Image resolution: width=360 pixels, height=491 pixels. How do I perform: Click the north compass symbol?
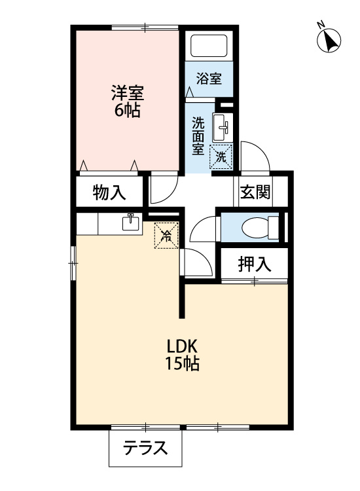(329, 39)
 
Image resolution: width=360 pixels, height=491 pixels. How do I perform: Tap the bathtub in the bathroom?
(209, 46)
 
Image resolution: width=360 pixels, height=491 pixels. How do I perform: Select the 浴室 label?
(209, 79)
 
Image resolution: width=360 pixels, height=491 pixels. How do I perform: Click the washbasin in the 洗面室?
(223, 128)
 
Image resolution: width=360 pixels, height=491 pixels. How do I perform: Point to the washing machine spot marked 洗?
(221, 157)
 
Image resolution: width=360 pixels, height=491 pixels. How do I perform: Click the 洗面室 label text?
(198, 136)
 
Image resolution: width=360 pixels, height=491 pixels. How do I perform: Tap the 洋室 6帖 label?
(128, 101)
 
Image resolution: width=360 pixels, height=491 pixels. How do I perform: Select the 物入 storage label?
(109, 192)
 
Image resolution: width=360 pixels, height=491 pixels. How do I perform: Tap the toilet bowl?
(260, 227)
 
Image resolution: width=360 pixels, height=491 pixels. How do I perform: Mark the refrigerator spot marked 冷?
(166, 236)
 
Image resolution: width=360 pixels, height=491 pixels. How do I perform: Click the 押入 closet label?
(254, 264)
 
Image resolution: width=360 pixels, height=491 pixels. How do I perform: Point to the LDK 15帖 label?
(182, 355)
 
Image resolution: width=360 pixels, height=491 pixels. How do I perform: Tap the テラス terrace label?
(145, 448)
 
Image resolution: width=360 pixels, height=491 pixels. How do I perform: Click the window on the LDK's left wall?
(73, 263)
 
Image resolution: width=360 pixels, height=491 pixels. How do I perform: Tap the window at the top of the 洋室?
(145, 27)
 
